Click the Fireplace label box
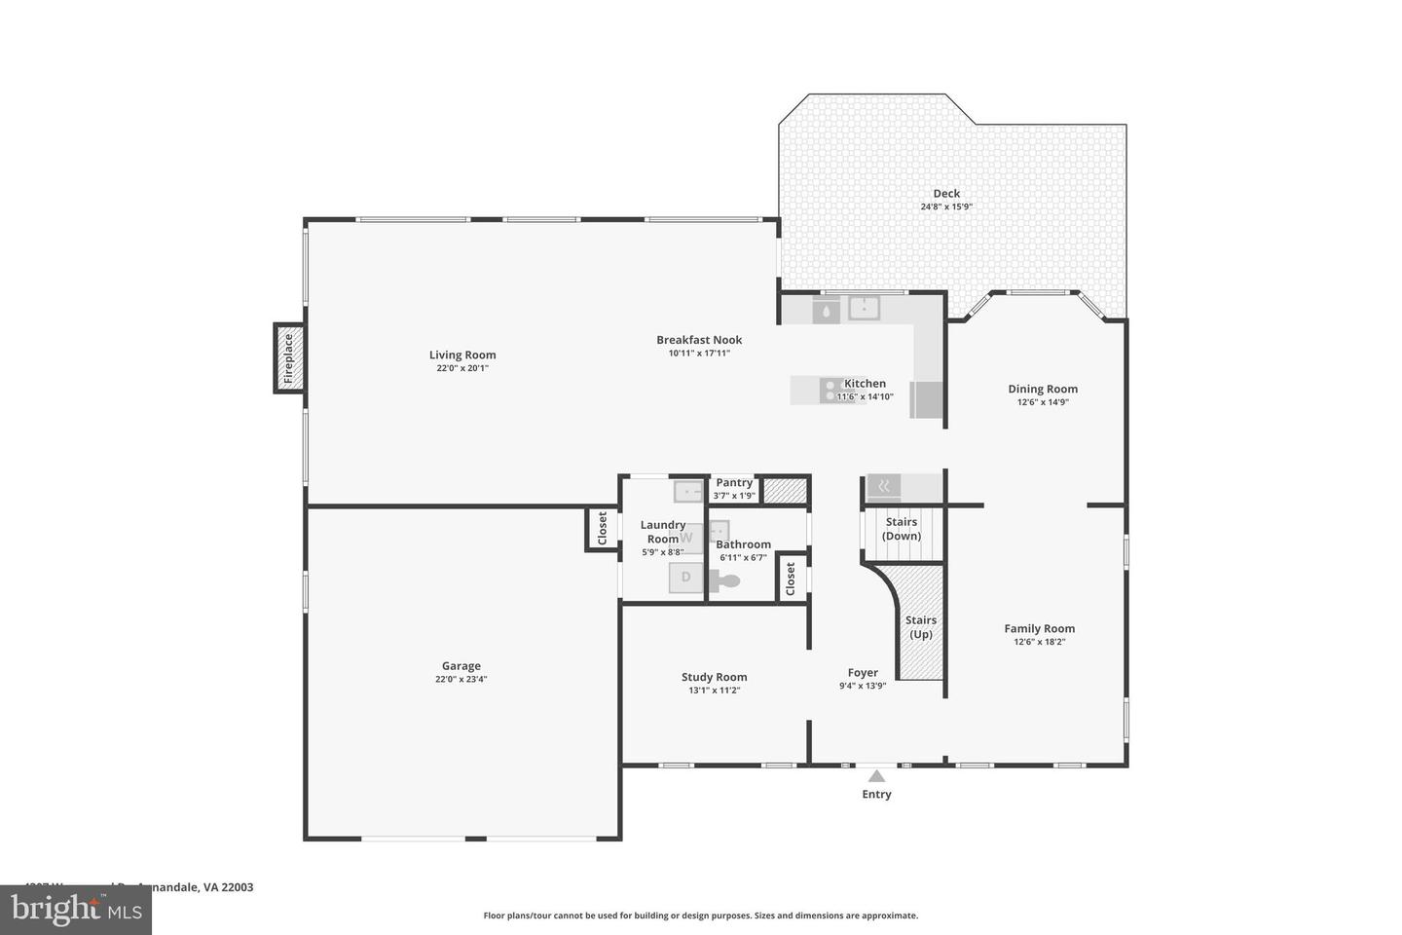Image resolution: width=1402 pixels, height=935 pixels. pos(288,357)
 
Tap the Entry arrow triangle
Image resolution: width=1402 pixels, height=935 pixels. pos(876,776)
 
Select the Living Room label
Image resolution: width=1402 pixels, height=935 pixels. pos(462,355)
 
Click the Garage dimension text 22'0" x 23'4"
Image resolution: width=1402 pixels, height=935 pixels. pos(461,680)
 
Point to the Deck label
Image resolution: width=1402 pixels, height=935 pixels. pos(946,194)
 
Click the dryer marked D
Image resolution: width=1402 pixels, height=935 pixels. pos(685,578)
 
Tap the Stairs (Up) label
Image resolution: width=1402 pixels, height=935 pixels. pos(921,627)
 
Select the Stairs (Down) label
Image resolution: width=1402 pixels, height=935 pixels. pos(902,529)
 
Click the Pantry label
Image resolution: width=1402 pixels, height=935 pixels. pos(734,483)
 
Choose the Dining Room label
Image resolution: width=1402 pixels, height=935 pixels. pos(1043,390)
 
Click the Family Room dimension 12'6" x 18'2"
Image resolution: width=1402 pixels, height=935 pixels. pos(1040,642)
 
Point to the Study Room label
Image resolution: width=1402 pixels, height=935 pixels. pos(714,678)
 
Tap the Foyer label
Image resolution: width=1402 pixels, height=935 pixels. pos(863,673)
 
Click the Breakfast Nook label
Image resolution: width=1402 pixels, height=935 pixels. pos(699,340)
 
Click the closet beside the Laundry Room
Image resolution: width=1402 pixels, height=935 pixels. pos(602,530)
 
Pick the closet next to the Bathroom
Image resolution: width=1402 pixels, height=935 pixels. pos(791,580)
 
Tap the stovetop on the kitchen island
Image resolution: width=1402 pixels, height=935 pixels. pos(833,390)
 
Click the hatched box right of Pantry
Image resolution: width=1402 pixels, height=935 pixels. pos(785,490)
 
